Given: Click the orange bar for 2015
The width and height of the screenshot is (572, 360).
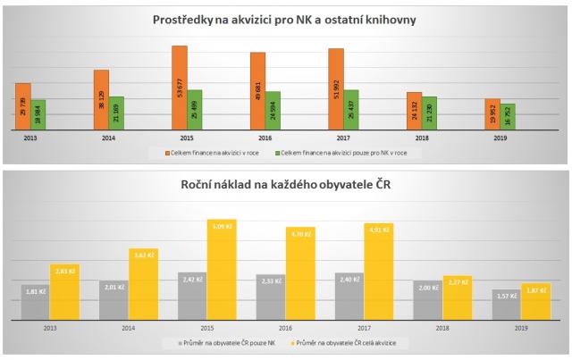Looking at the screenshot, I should (x=180, y=88).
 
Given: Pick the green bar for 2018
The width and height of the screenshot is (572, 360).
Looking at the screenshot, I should (x=429, y=113).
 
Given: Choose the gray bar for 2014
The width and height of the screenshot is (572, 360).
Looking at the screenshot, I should (x=114, y=301).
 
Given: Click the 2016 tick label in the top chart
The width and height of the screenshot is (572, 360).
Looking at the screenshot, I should (x=265, y=138).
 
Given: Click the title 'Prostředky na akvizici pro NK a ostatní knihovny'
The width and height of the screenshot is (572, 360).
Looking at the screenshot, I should (x=285, y=19).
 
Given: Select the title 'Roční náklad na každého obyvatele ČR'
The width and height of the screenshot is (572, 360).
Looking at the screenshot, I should (x=285, y=186).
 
